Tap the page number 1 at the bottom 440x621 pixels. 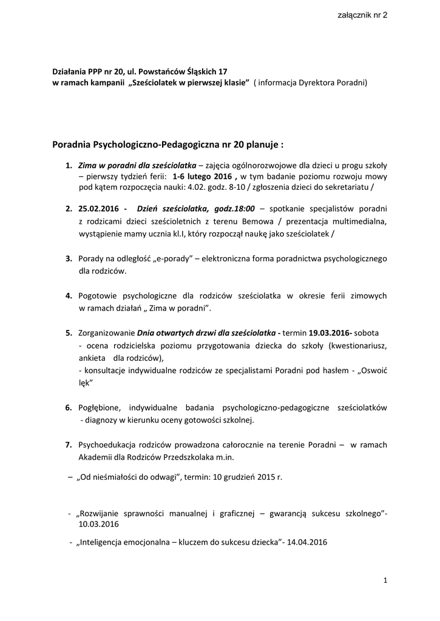click(x=385, y=581)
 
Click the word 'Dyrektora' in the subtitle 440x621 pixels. click(x=317, y=82)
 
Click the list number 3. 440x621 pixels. click(x=69, y=259)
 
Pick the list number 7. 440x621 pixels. click(x=69, y=445)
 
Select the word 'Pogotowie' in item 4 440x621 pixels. click(x=98, y=296)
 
